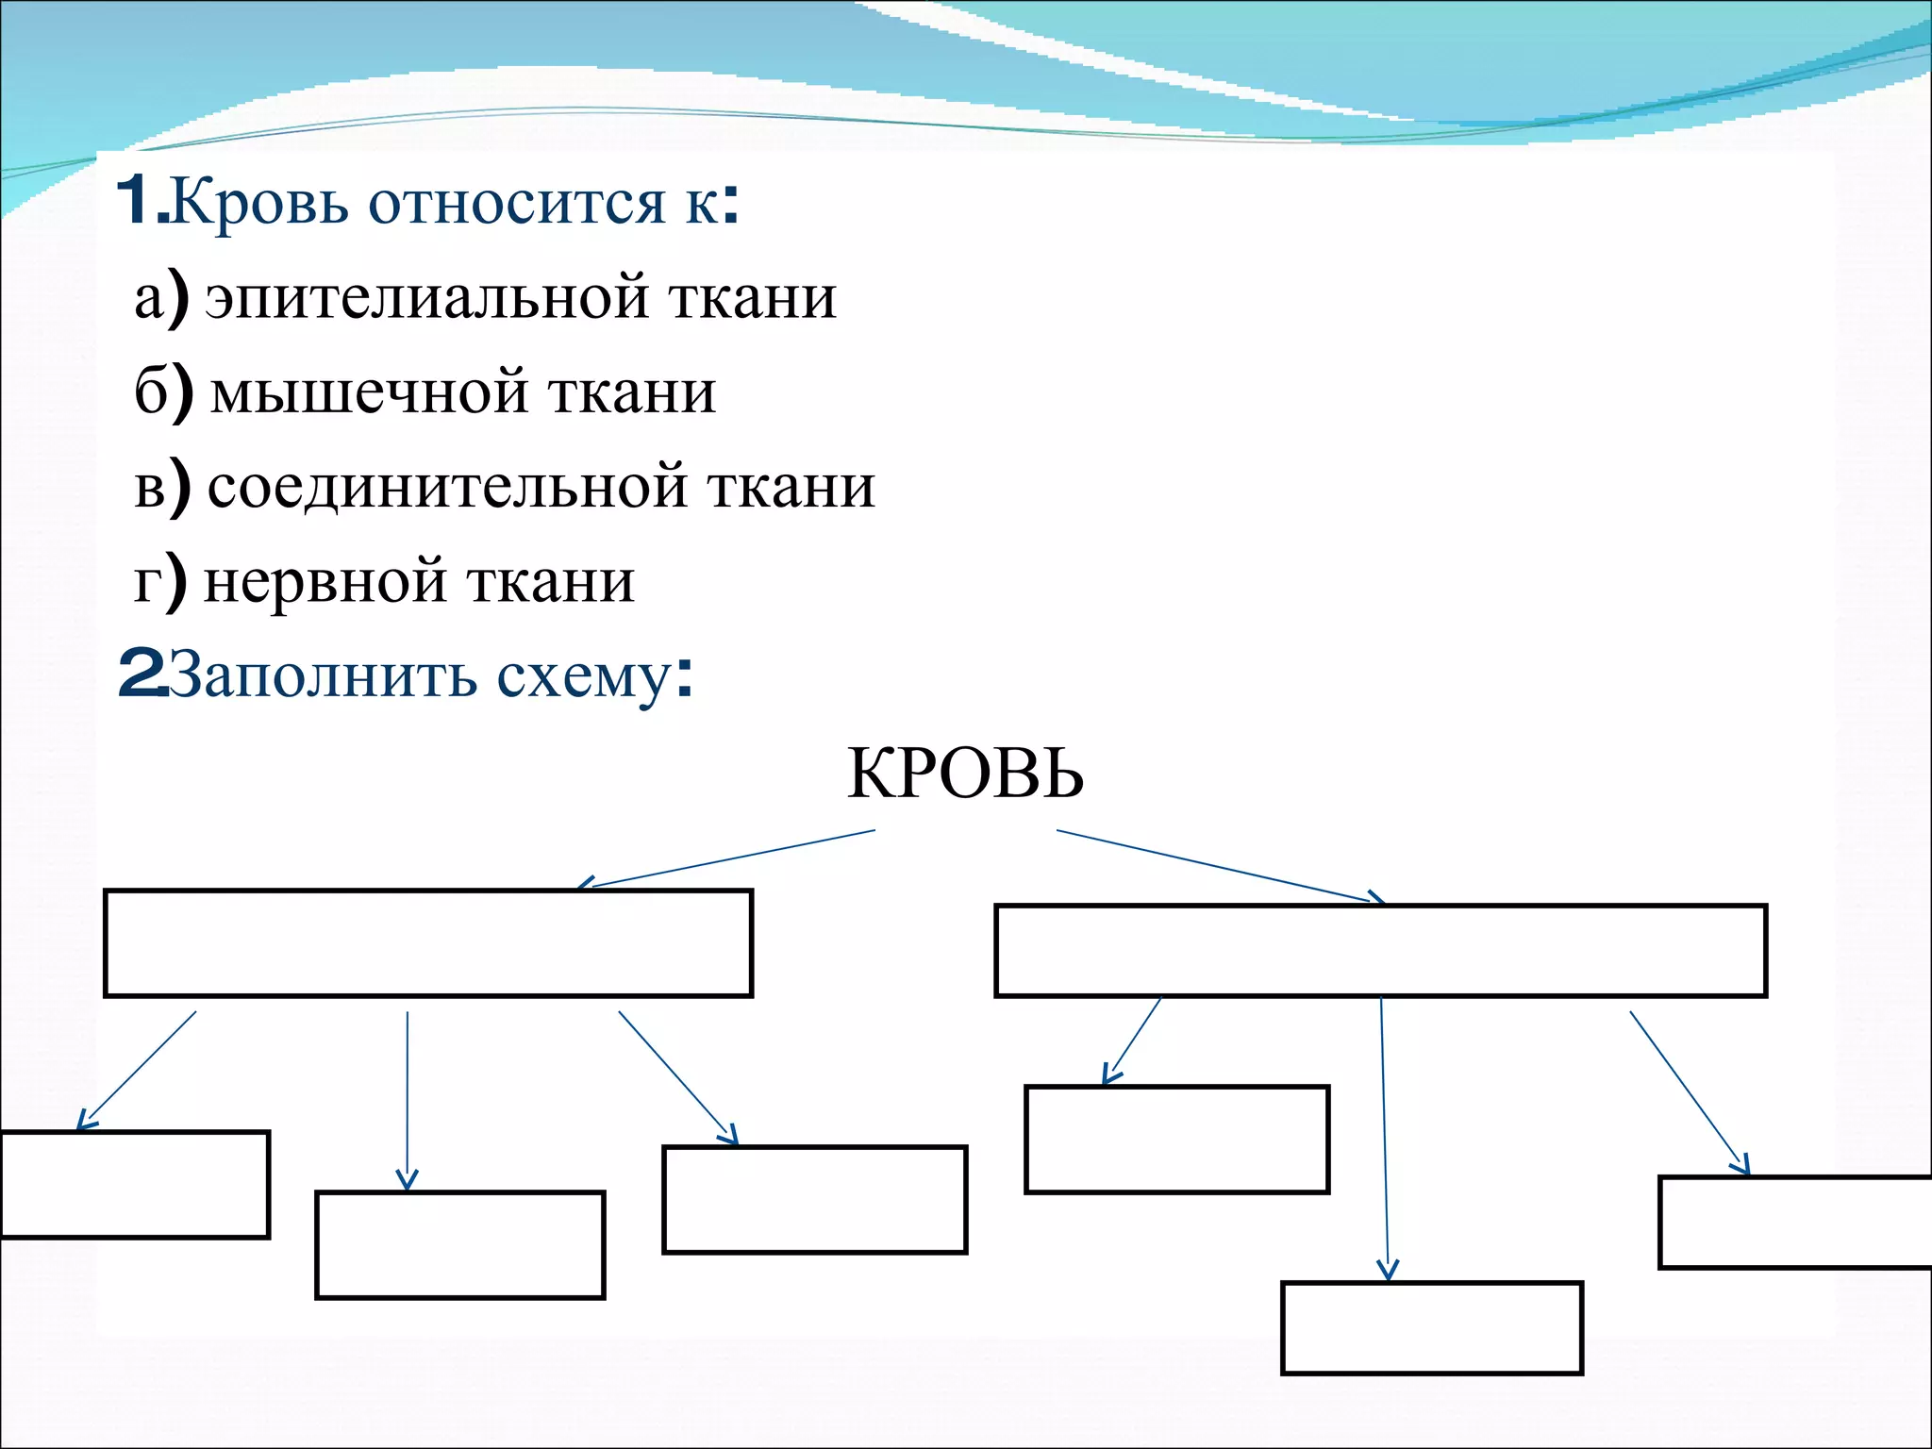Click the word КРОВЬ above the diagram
pyautogui.click(x=965, y=774)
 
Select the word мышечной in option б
pyautogui.click(x=369, y=392)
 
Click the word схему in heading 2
pyautogui.click(x=585, y=675)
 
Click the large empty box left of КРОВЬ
pyautogui.click(x=427, y=942)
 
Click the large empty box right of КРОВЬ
pyautogui.click(x=1380, y=950)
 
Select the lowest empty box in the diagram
pyautogui.click(x=1431, y=1327)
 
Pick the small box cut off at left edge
pyautogui.click(x=134, y=1184)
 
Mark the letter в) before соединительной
pyautogui.click(x=160, y=488)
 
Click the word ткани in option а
pyautogui.click(x=753, y=298)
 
